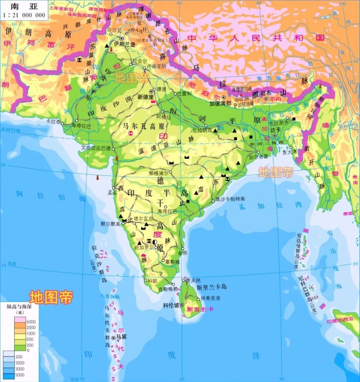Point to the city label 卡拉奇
point(53,122)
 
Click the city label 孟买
point(112,192)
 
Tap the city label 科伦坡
point(171,305)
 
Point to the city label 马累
point(121,337)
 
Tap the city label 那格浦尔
point(159,173)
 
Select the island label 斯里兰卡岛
point(212,287)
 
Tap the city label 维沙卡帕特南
point(230,198)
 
